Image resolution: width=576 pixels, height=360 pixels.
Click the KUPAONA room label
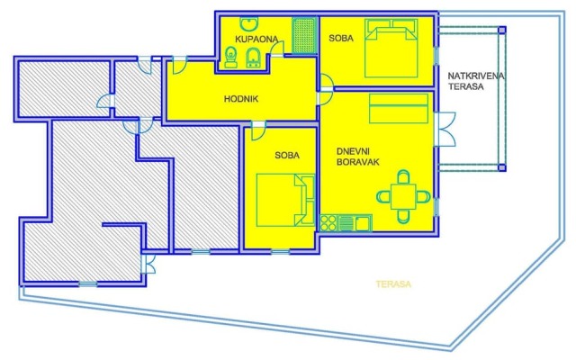(x=255, y=39)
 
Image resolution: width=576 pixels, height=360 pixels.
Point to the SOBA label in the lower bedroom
(x=287, y=155)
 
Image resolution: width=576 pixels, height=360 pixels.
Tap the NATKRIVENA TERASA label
(x=471, y=82)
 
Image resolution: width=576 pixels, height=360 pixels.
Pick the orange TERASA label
(x=394, y=284)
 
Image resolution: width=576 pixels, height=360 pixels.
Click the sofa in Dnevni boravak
(x=397, y=112)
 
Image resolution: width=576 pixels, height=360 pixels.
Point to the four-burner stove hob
(x=330, y=220)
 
